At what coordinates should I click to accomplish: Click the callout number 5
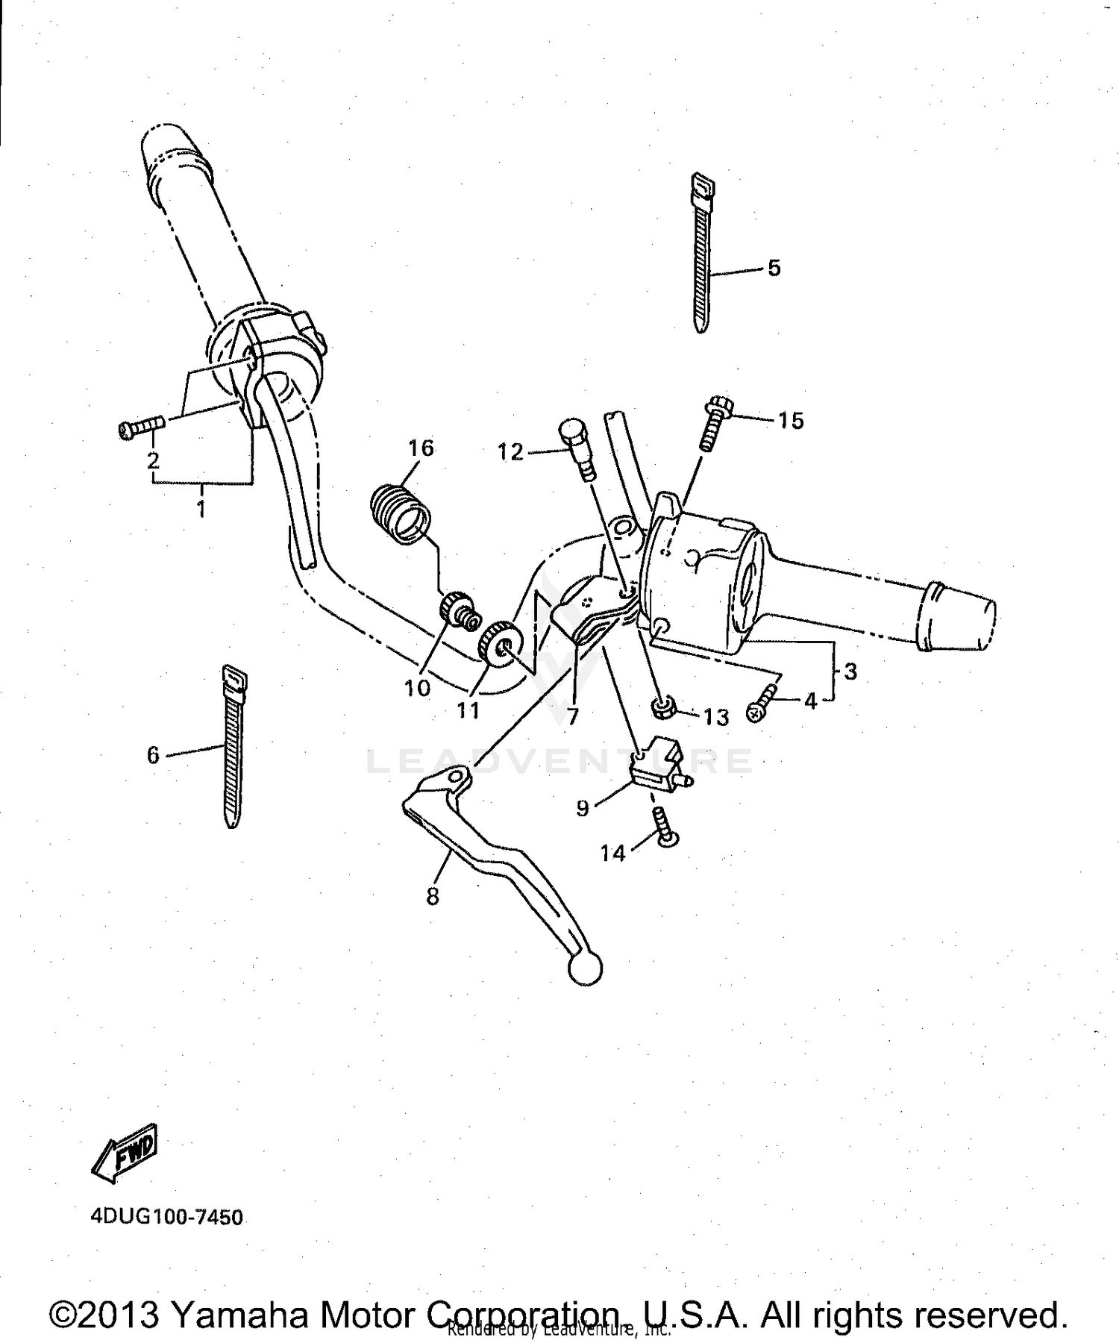(x=774, y=268)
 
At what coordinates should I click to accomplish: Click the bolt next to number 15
(x=713, y=425)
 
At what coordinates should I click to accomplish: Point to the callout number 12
(x=511, y=452)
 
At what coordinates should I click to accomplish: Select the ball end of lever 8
(x=584, y=968)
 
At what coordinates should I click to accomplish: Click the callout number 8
(x=433, y=896)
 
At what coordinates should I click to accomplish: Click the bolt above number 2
(x=142, y=428)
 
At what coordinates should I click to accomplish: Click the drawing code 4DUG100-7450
(x=166, y=1218)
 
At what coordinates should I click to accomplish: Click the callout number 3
(x=850, y=671)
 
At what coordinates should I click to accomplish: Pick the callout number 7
(x=572, y=716)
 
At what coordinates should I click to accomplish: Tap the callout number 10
(x=418, y=687)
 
